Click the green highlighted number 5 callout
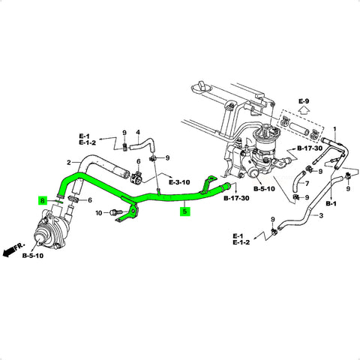pos(184,211)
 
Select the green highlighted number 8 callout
pos(43,200)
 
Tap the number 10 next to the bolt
pos(99,213)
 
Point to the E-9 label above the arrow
pos(304,101)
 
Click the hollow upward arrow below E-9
pos(304,110)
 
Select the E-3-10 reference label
pos(179,182)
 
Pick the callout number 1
pos(334,129)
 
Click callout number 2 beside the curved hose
pos(69,163)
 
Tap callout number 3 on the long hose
pos(321,215)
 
